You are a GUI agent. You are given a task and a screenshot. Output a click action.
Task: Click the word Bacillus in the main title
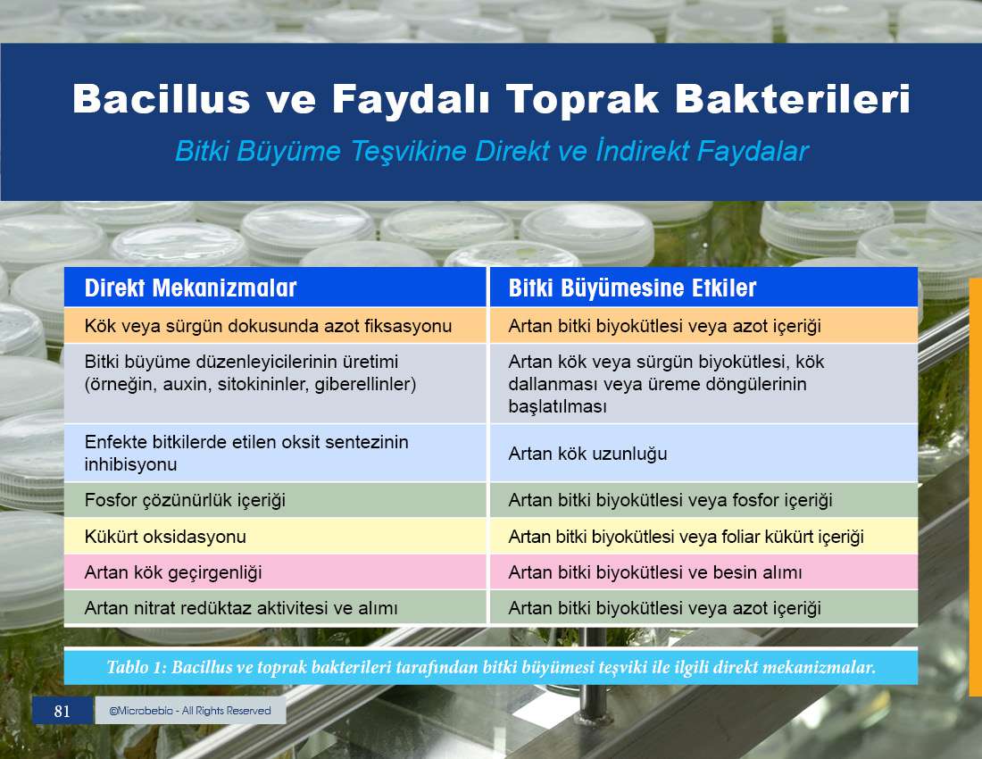coord(161,99)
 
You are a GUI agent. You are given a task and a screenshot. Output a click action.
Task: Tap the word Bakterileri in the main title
coord(792,99)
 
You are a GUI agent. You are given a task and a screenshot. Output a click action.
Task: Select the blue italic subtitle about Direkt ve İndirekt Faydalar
coord(492,152)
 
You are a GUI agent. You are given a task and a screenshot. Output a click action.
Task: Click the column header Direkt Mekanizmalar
coord(190,288)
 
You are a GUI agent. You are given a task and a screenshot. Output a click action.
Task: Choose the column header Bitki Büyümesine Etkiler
coord(633,288)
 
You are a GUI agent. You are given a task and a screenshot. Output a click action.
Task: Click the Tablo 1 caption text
coord(491,667)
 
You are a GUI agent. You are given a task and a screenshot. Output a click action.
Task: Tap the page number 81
coord(62,711)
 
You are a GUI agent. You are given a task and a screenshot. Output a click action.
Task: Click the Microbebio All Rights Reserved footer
coord(190,711)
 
